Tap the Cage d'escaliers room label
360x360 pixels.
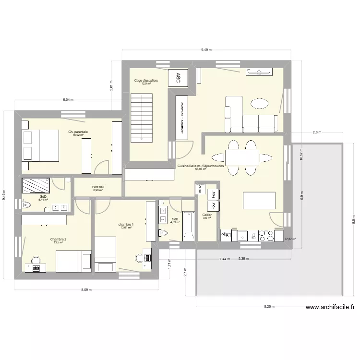click(146, 81)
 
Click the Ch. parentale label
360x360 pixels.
click(78, 132)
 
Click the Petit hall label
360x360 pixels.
click(98, 187)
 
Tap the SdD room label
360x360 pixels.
click(43, 197)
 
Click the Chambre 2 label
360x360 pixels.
click(58, 240)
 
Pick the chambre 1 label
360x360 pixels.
click(126, 225)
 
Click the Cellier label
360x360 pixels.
click(207, 215)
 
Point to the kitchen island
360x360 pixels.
click(259, 201)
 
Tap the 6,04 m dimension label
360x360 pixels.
click(68, 100)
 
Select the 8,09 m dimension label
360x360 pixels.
click(86, 290)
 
